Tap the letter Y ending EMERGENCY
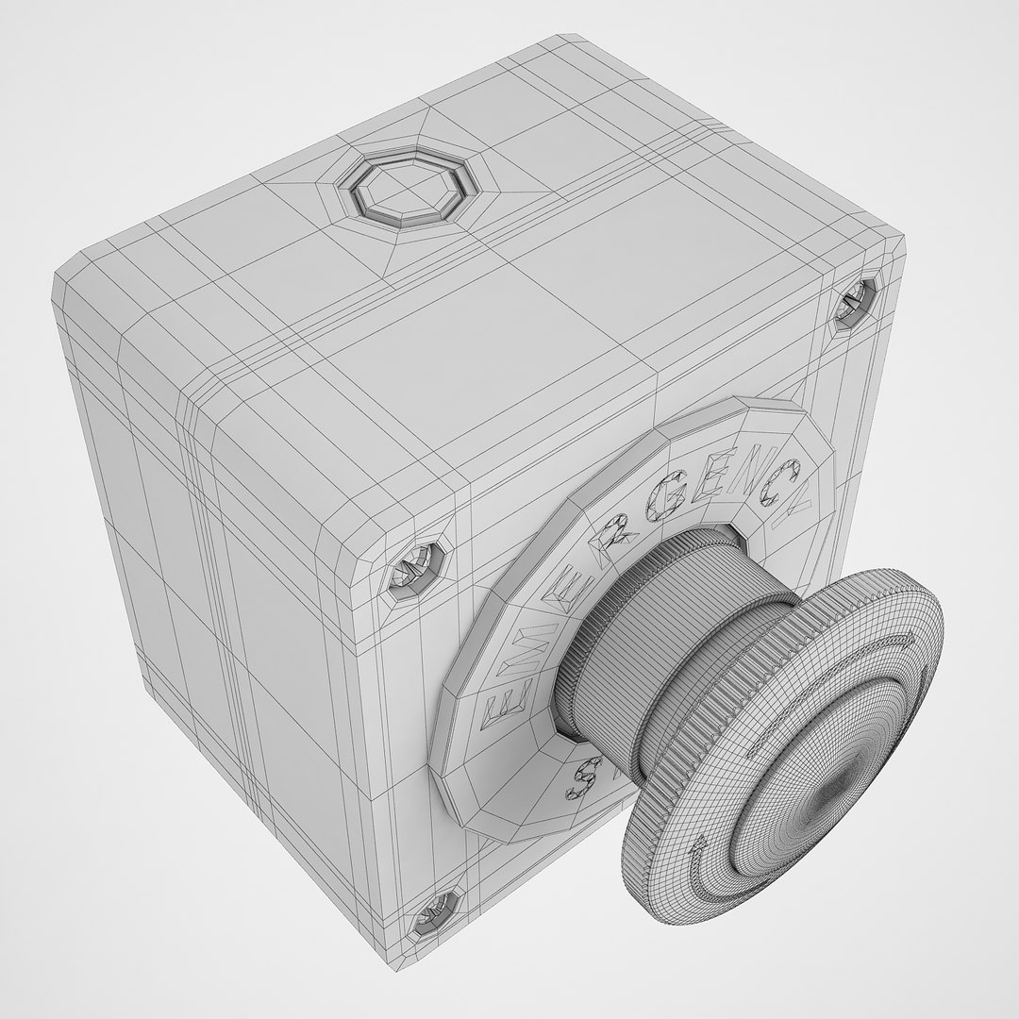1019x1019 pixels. tap(796, 494)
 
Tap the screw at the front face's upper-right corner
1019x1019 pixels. tap(857, 302)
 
